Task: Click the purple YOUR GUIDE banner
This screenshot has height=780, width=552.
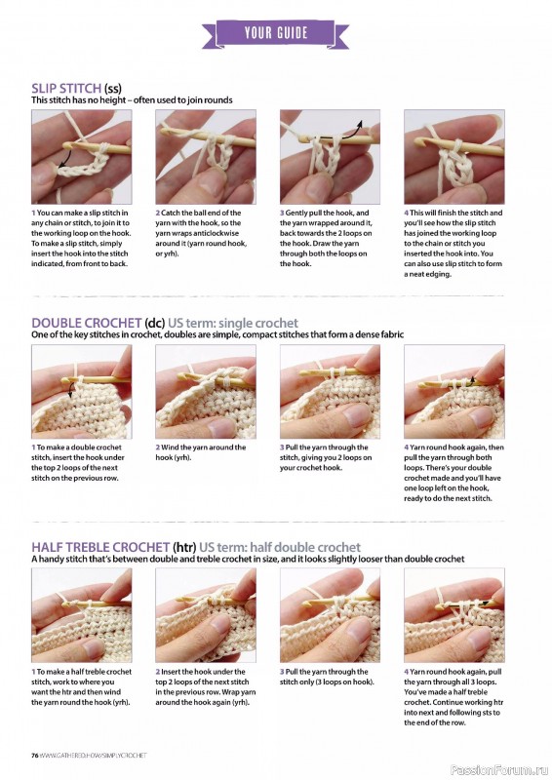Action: pos(275,33)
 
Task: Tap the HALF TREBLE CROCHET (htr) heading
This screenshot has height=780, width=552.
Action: pos(120,547)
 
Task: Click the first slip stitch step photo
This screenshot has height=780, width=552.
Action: pos(87,155)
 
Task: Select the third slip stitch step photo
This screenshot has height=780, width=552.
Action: pos(335,155)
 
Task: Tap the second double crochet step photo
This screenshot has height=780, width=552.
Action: pos(211,389)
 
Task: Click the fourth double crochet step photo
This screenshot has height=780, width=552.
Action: pos(459,389)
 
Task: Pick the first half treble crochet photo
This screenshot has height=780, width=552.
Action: pos(87,613)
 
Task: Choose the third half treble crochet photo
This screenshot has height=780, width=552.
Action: pos(335,613)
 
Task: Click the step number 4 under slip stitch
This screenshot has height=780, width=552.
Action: pos(407,213)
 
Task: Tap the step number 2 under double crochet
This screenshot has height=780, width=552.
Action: pos(158,448)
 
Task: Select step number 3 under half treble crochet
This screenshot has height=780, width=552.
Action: pos(282,672)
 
